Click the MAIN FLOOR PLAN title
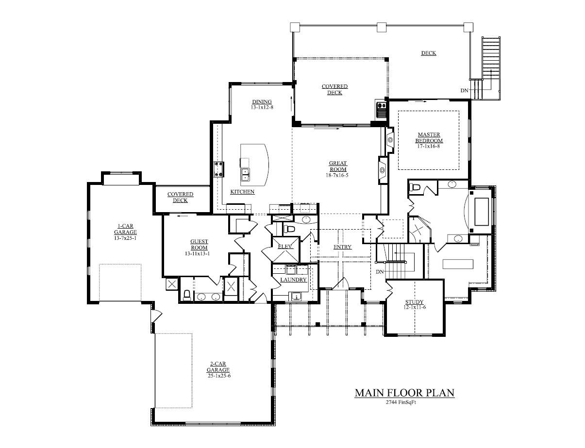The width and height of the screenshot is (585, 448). [x=404, y=393]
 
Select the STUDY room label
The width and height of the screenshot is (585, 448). [x=415, y=301]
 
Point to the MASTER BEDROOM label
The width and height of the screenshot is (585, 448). [x=429, y=137]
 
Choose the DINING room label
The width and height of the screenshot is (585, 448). [x=262, y=101]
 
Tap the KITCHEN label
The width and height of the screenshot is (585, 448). [x=242, y=192]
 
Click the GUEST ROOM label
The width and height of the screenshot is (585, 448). [x=199, y=245]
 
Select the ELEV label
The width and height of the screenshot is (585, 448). [x=285, y=247]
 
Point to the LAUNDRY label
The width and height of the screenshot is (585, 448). [x=293, y=280]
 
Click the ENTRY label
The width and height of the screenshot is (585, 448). [x=342, y=247]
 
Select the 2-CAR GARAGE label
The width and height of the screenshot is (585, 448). [x=218, y=366]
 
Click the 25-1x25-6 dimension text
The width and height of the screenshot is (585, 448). [x=218, y=376]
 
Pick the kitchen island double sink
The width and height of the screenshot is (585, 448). [x=245, y=174]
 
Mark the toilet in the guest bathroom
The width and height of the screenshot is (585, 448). [x=187, y=294]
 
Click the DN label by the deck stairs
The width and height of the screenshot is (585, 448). [x=464, y=91]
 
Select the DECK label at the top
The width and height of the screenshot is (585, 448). [x=428, y=53]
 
